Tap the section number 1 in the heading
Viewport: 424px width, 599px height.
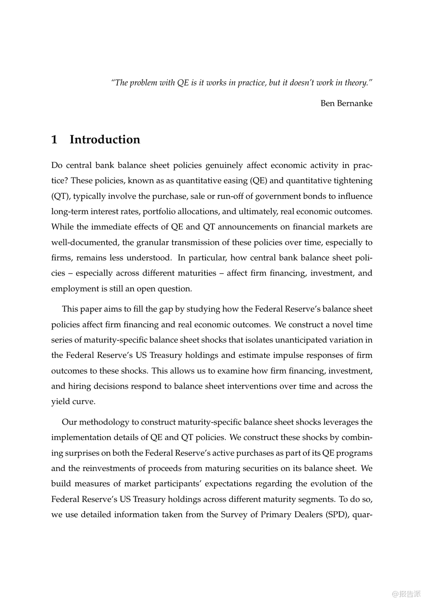click(x=54, y=139)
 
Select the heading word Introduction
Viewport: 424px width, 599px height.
click(x=105, y=139)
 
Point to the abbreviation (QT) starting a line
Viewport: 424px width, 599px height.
click(x=60, y=196)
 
